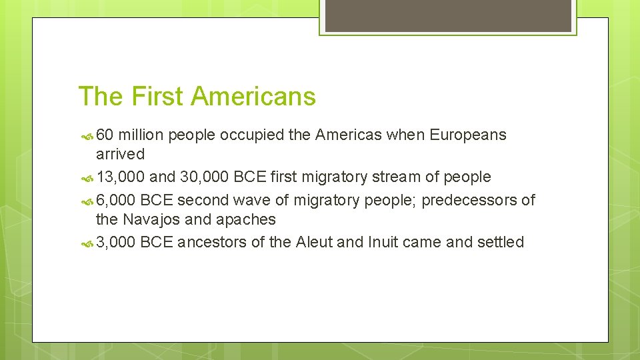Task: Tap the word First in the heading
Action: [x=157, y=96]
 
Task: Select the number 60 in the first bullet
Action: [x=105, y=135]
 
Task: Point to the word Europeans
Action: [x=468, y=135]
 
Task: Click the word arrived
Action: [x=120, y=154]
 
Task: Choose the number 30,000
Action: [x=204, y=177]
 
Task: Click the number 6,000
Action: [x=116, y=200]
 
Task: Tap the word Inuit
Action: [x=383, y=242]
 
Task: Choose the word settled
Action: [x=501, y=242]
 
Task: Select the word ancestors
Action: [x=213, y=242]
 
